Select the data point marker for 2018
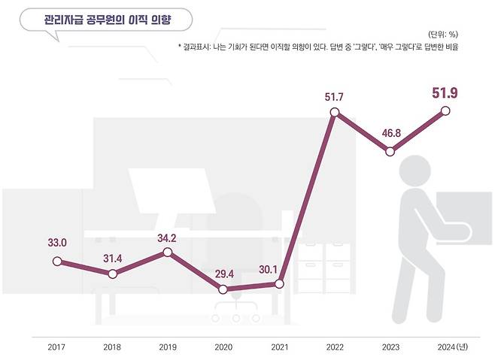coord(112,274)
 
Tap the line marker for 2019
coord(168,253)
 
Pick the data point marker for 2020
coord(223,289)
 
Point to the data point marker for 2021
coord(279,284)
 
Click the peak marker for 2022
coord(335,113)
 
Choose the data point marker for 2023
coord(390,151)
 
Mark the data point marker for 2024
coord(445,111)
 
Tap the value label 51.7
coord(335,96)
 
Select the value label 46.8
coord(390,133)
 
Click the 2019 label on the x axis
coord(168,346)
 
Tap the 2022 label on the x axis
coord(335,346)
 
